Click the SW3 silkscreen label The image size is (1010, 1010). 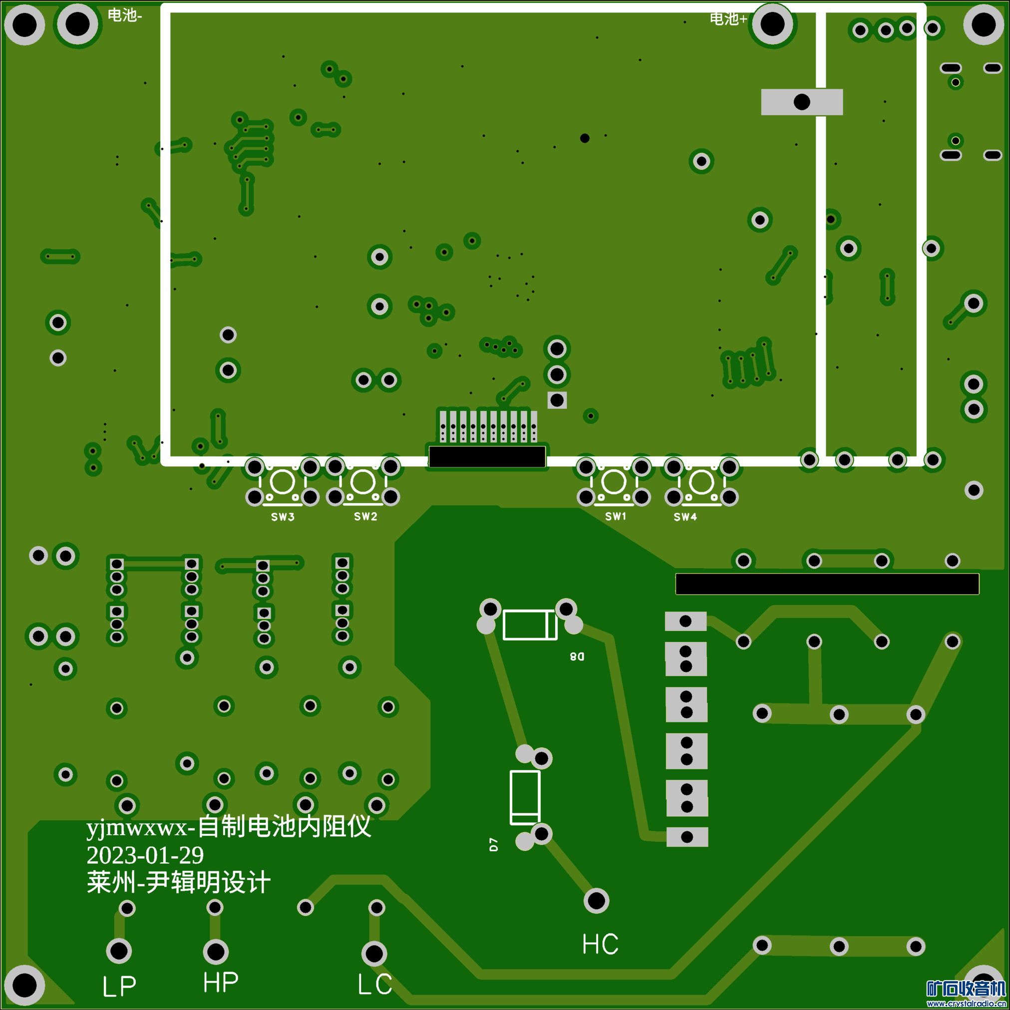click(282, 517)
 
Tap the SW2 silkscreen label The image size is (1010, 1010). click(365, 517)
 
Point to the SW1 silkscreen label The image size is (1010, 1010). click(615, 517)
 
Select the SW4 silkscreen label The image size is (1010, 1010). click(685, 517)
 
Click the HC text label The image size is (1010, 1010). click(600, 944)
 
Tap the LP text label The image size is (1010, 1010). click(119, 986)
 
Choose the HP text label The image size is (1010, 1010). click(221, 982)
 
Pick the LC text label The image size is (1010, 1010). click(375, 985)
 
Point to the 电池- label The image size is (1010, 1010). click(124, 15)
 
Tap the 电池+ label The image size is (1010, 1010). click(728, 19)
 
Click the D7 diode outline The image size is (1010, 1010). click(525, 797)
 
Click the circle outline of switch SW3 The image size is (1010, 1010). click(282, 481)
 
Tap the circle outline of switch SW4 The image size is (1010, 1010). click(701, 481)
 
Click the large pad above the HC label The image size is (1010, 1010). click(596, 900)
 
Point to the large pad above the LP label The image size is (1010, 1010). click(119, 951)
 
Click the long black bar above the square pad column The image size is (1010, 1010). click(827, 584)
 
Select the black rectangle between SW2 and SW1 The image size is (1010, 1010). click(487, 456)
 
